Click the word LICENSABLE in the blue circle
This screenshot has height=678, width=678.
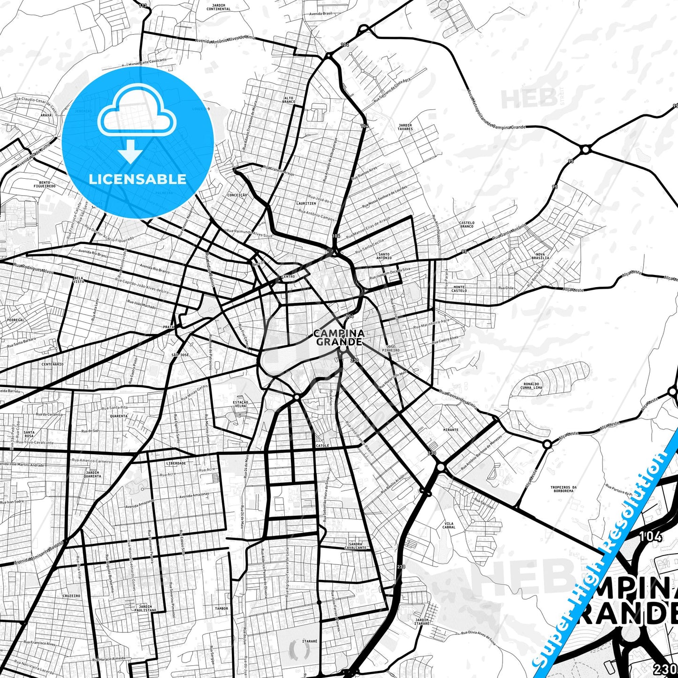(137, 179)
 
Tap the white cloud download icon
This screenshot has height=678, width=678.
(137, 123)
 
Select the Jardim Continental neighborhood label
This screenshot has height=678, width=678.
(219, 7)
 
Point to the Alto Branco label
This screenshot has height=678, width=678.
(289, 100)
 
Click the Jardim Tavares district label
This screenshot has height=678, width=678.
(405, 127)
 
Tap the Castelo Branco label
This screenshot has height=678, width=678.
(466, 225)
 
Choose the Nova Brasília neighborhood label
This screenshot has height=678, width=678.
(541, 256)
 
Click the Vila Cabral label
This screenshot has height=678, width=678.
(449, 525)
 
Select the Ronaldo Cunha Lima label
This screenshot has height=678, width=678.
(532, 386)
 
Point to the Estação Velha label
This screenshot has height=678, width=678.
(240, 404)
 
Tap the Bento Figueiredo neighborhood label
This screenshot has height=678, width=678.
(47, 184)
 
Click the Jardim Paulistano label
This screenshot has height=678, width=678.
(145, 609)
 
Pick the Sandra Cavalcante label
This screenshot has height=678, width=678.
(355, 546)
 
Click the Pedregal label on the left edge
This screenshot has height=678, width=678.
(15, 320)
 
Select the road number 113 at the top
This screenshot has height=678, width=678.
(143, 6)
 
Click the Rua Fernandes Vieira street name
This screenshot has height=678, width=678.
(458, 398)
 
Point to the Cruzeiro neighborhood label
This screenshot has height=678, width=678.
(71, 596)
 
